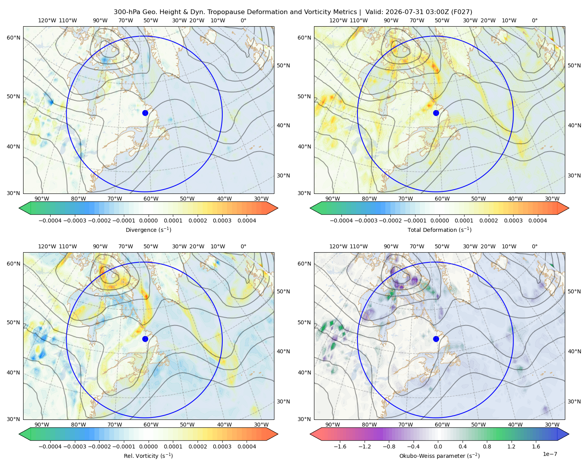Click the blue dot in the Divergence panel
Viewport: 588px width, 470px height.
145,113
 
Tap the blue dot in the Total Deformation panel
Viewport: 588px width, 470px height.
436,113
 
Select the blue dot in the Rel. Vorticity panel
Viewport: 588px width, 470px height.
145,339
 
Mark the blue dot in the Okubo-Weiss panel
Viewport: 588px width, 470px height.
436,339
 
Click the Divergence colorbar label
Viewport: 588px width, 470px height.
148,230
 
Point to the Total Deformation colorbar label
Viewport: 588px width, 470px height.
439,230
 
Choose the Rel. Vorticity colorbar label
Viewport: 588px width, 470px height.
148,456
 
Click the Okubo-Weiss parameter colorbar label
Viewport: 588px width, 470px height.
439,456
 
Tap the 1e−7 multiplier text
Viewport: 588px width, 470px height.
550,454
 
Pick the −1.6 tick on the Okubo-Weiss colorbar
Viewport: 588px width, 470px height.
340,446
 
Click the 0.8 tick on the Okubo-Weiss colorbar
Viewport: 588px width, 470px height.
487,446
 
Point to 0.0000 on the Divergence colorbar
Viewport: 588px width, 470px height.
148,221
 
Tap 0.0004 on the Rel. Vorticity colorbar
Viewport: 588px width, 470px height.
247,446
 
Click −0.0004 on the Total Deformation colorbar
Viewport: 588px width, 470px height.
341,221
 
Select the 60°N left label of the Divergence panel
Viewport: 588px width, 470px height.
13,38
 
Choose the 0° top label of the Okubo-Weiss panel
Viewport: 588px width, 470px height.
534,246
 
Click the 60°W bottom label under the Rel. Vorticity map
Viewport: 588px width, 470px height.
151,425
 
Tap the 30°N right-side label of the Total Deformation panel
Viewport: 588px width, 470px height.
574,175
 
